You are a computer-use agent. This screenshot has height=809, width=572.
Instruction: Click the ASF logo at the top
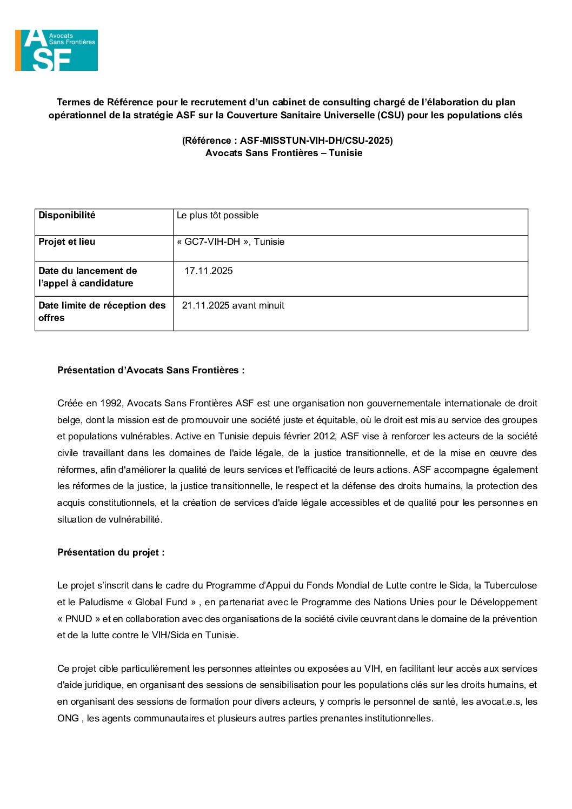click(x=56, y=50)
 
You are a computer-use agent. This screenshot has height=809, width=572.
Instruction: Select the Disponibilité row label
click(x=66, y=216)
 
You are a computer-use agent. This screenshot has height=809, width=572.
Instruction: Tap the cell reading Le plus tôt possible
click(x=217, y=216)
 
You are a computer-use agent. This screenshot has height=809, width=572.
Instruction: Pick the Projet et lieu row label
click(x=66, y=242)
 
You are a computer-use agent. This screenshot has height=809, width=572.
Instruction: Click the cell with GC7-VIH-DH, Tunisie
click(x=230, y=242)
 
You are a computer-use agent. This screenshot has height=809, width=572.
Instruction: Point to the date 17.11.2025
click(x=208, y=271)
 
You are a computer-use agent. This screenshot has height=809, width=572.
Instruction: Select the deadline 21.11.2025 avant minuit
click(x=233, y=306)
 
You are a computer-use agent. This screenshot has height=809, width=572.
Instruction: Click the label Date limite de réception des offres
click(x=102, y=312)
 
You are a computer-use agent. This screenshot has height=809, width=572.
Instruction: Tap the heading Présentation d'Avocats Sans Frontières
click(x=151, y=371)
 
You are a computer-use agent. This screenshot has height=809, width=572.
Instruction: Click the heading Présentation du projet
click(x=111, y=553)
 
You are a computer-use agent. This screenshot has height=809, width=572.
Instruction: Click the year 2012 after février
click(x=324, y=437)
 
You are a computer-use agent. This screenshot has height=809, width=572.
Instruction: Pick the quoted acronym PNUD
click(x=79, y=619)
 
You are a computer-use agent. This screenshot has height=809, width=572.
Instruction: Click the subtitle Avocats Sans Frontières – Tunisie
click(x=284, y=153)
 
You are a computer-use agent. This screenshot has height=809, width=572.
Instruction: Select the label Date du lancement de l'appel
click(x=87, y=277)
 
